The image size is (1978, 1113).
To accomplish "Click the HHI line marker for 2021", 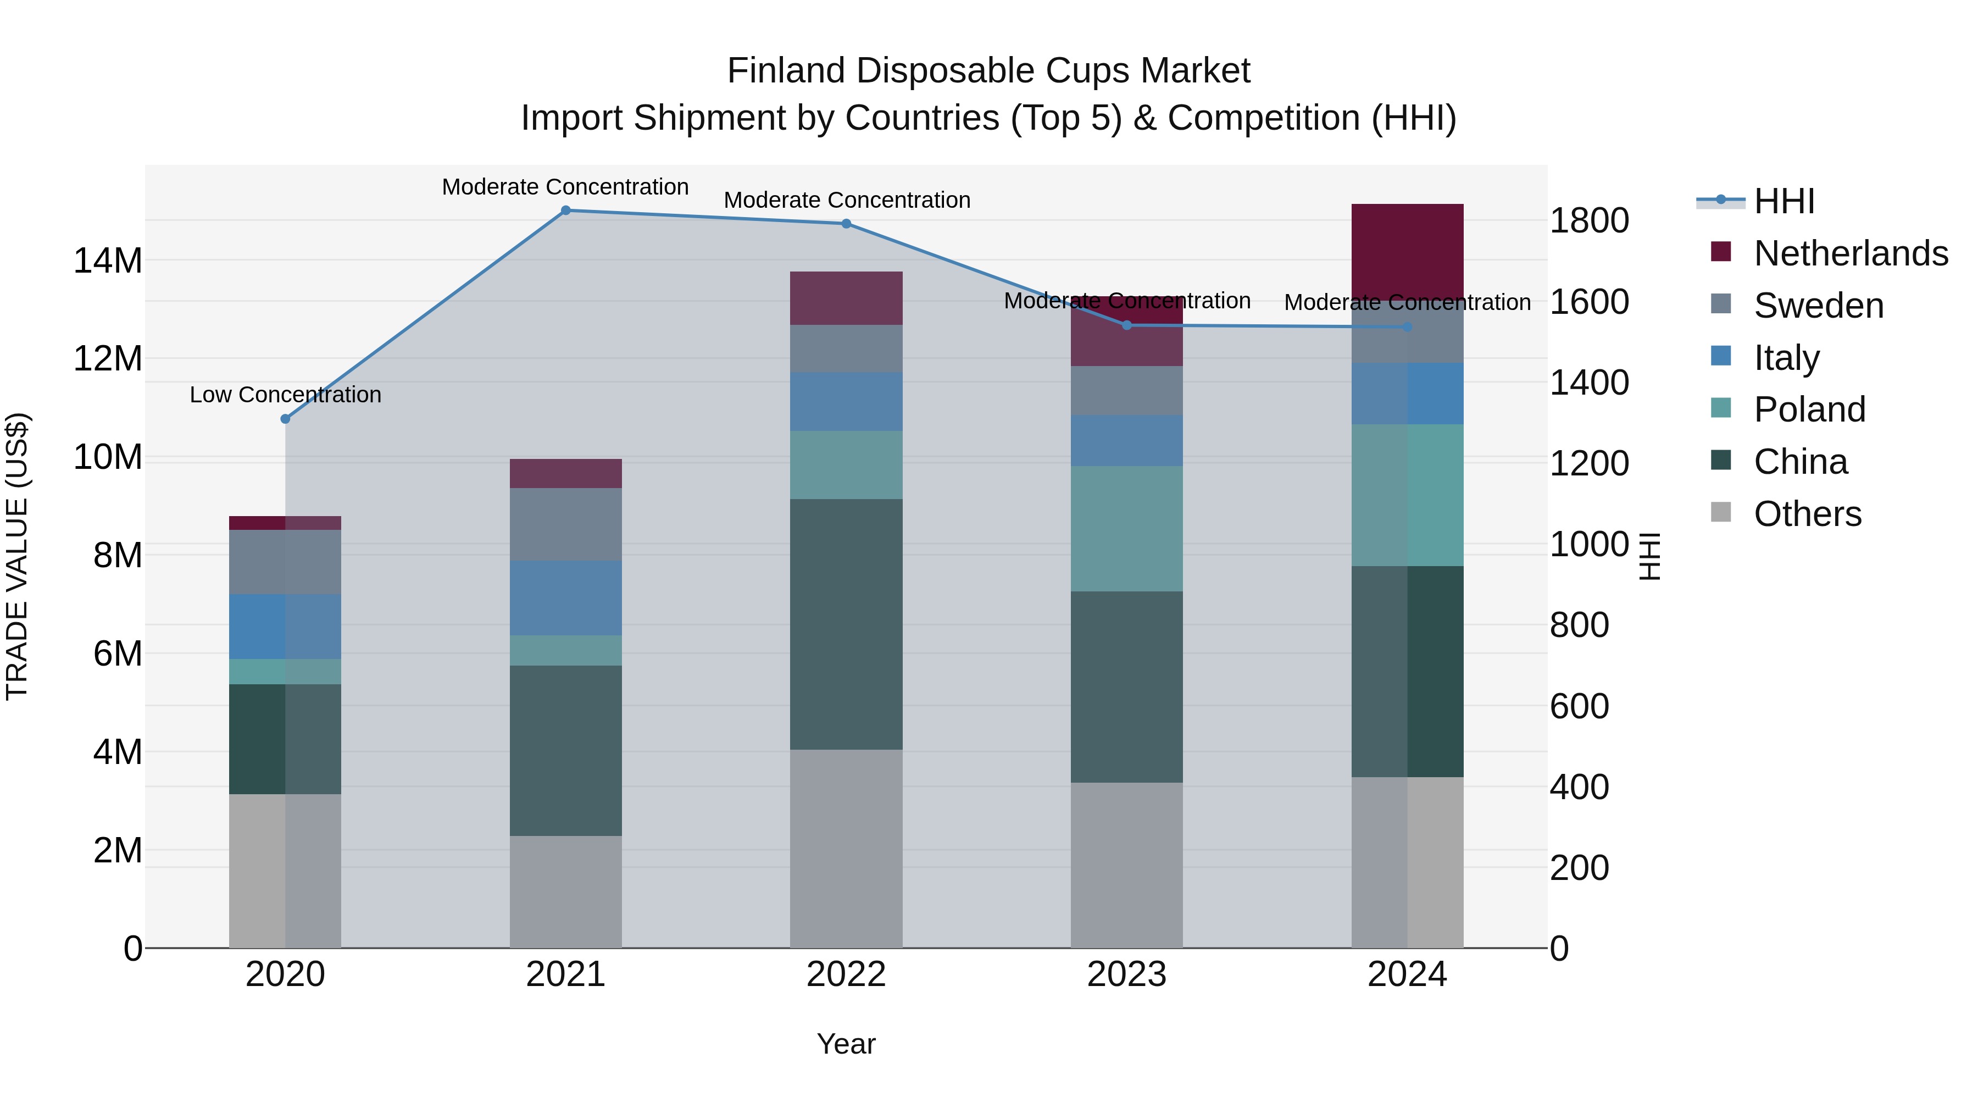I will point(565,211).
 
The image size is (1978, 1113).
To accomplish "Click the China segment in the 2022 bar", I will point(846,624).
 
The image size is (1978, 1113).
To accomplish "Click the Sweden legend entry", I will point(1818,306).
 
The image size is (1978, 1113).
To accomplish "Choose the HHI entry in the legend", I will point(1783,201).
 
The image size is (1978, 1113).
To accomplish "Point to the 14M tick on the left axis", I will point(108,261).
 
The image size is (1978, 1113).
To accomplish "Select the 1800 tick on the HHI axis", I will point(1588,220).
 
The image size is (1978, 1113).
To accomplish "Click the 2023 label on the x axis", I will point(1126,974).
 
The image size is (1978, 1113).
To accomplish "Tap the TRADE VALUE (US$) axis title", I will point(17,556).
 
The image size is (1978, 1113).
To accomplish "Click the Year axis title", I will point(846,1044).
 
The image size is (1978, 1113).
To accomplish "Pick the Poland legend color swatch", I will point(1721,408).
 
